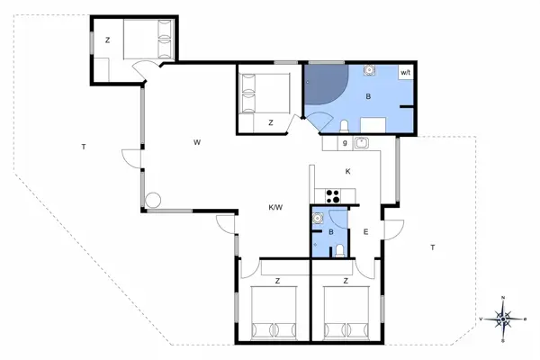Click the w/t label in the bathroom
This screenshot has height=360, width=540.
[405, 71]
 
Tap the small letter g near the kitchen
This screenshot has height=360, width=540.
[344, 143]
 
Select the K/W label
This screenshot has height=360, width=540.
[275, 208]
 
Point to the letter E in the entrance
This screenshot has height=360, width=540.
[365, 232]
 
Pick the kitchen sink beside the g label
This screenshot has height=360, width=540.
[361, 142]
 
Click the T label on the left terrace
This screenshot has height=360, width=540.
[83, 146]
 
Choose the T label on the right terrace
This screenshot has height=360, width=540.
[432, 247]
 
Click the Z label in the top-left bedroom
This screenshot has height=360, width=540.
[107, 40]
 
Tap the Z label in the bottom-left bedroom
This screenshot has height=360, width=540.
[277, 282]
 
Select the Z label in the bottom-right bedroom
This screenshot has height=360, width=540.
[346, 282]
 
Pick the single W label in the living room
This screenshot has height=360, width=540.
[195, 142]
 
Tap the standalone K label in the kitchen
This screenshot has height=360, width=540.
[346, 171]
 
